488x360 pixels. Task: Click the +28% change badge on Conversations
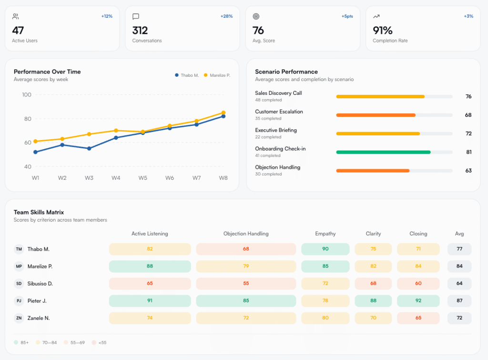click(226, 16)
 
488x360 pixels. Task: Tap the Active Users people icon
click(16, 17)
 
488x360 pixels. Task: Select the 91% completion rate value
click(383, 30)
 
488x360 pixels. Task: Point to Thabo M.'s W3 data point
click(89, 149)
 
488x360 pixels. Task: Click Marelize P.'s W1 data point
click(35, 142)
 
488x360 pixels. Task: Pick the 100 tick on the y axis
click(27, 95)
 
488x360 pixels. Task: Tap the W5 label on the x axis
click(143, 178)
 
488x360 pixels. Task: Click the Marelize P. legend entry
click(217, 75)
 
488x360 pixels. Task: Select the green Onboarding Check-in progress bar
click(384, 152)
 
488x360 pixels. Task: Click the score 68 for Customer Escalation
click(468, 115)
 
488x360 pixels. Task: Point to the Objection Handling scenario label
click(278, 167)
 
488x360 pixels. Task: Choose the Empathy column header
click(325, 234)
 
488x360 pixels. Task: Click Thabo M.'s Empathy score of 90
click(325, 249)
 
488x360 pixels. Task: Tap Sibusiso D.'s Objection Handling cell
click(246, 283)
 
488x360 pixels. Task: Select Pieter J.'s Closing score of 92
click(418, 300)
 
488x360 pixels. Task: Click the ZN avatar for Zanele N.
click(19, 318)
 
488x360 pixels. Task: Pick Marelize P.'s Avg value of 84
click(459, 266)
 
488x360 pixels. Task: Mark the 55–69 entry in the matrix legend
click(74, 342)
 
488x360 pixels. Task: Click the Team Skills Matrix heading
click(39, 212)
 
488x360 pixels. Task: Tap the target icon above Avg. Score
click(256, 17)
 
